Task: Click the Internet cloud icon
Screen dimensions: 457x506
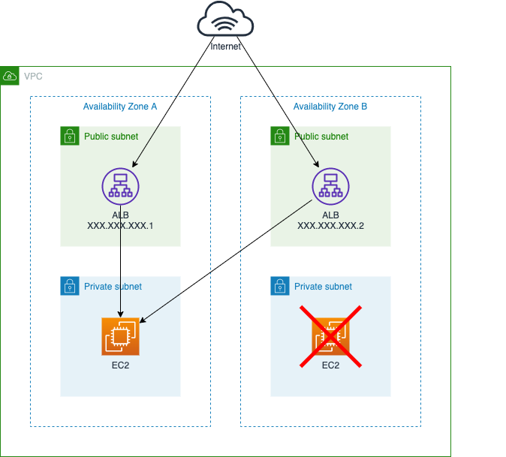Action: [225, 20]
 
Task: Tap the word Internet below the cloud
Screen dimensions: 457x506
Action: [225, 47]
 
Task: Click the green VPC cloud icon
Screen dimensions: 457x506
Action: [10, 76]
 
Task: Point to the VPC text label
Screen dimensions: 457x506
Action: [33, 77]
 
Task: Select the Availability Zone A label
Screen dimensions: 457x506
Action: [120, 107]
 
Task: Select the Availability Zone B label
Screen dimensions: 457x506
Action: [330, 107]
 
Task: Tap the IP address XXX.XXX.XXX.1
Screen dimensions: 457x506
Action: [121, 226]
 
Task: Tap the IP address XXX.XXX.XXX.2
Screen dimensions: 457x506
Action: [331, 226]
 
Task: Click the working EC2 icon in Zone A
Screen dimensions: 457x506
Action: [120, 336]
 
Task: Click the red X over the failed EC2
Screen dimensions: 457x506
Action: [330, 336]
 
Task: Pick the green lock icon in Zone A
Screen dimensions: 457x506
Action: [70, 136]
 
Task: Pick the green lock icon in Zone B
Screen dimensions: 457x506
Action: [280, 136]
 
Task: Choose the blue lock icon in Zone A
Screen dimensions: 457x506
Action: [70, 286]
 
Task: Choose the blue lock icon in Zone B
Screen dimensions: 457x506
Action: [280, 286]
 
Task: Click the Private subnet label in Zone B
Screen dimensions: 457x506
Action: [323, 287]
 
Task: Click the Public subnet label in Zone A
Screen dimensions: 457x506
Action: [111, 137]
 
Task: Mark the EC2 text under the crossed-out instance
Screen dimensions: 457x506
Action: [330, 365]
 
